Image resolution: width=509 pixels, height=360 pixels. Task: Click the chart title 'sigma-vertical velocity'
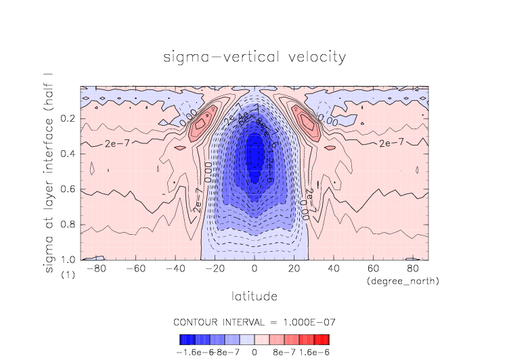pyautogui.click(x=255, y=57)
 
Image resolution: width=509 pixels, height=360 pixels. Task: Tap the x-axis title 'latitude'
pyautogui.click(x=255, y=296)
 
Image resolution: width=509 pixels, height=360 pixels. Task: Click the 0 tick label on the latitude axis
pyautogui.click(x=255, y=269)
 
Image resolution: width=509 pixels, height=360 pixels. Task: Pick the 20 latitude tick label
pyautogui.click(x=294, y=269)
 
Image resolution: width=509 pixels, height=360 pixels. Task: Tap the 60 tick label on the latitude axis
pyautogui.click(x=372, y=269)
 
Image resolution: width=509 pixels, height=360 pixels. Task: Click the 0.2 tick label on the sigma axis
pyautogui.click(x=68, y=119)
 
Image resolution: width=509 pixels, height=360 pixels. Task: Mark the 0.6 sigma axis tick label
pyautogui.click(x=68, y=189)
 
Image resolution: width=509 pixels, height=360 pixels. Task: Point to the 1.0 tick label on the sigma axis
pyautogui.click(x=68, y=260)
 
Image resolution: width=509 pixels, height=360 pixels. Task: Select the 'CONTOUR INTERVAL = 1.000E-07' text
pyautogui.click(x=255, y=321)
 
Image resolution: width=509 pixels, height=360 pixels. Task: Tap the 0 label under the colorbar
pyautogui.click(x=255, y=352)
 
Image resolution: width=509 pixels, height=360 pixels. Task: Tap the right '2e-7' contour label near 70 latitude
pyautogui.click(x=392, y=143)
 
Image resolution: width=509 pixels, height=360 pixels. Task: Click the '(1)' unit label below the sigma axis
pyautogui.click(x=68, y=275)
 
